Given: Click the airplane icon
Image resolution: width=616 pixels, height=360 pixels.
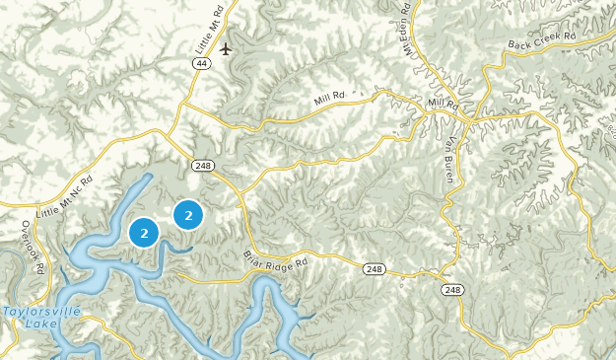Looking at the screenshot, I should tap(228, 49).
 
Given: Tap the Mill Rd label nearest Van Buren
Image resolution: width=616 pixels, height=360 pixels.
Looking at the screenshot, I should tap(445, 103).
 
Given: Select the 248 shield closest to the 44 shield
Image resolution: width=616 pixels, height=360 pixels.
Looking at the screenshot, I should tap(203, 165).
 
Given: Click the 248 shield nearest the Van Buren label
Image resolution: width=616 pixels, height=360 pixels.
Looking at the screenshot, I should tap(451, 289).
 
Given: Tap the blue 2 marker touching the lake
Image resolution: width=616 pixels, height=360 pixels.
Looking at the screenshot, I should tap(144, 233).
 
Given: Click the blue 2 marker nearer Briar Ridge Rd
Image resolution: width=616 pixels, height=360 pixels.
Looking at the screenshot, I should tap(188, 214).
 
